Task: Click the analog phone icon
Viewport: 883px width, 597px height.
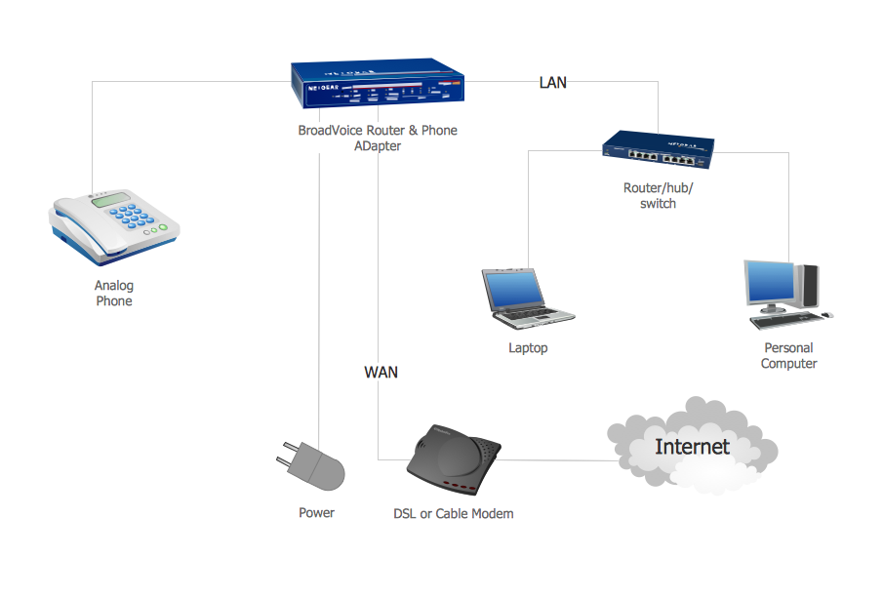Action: coord(112,224)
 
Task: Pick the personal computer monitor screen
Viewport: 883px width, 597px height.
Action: coord(772,284)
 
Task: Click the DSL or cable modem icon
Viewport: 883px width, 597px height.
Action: coord(453,459)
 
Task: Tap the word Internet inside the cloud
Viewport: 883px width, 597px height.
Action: coord(692,448)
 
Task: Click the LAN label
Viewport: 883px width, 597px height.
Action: coord(553,83)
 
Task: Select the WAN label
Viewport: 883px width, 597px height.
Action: coord(381,372)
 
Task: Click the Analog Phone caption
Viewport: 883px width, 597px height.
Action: coord(114,294)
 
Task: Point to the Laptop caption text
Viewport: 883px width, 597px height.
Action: coord(528,348)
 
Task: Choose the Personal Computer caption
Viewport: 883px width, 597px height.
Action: coord(788,356)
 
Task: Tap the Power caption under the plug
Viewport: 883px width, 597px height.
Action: coord(316,513)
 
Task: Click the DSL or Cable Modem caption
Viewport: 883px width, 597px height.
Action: coord(453,513)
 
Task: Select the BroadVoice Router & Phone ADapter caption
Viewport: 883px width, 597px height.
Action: coord(378,139)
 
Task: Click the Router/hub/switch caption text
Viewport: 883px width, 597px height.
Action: coord(658,196)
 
